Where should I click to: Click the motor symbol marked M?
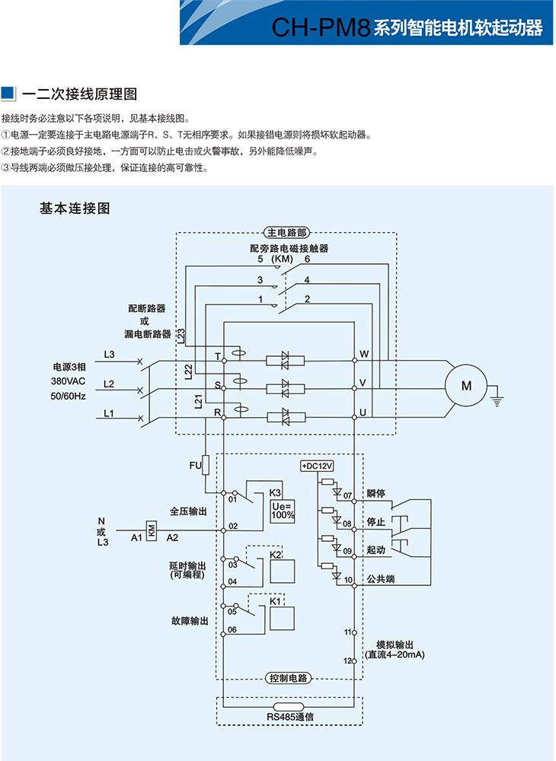click(x=466, y=386)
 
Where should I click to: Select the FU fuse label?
click(x=195, y=465)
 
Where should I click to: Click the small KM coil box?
click(x=151, y=530)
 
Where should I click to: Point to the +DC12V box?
click(x=318, y=466)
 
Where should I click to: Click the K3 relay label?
click(x=275, y=492)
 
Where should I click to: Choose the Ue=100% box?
click(x=283, y=511)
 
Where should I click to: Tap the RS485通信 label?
click(x=290, y=717)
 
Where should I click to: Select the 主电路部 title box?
click(x=286, y=233)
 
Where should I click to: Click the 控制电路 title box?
click(x=289, y=677)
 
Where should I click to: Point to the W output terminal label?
click(x=364, y=355)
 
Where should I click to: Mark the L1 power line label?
click(x=109, y=413)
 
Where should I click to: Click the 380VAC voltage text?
click(x=69, y=380)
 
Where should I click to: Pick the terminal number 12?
click(x=347, y=661)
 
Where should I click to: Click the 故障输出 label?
click(x=189, y=621)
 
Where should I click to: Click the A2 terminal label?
click(x=173, y=538)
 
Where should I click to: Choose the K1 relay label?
click(x=276, y=601)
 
